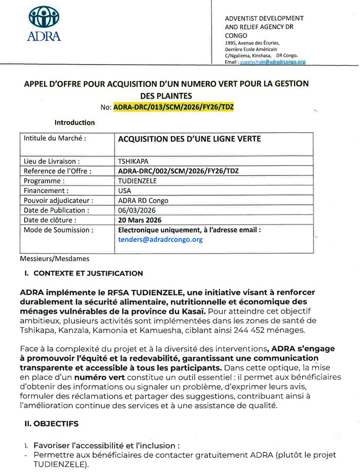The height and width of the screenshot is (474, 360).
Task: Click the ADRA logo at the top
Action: [44, 24]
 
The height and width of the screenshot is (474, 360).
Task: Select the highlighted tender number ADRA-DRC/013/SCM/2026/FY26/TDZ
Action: [174, 107]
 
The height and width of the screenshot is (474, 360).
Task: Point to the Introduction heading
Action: [74, 122]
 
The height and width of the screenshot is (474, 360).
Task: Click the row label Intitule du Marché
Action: [55, 138]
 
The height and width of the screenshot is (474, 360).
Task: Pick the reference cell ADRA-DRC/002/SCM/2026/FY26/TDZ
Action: [178, 171]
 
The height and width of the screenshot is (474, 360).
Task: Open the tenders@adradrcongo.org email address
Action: [160, 239]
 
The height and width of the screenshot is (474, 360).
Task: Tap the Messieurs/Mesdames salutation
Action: [54, 258]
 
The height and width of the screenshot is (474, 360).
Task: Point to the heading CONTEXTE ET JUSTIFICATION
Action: [87, 274]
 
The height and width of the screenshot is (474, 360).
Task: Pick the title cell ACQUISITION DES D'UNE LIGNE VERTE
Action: [189, 138]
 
